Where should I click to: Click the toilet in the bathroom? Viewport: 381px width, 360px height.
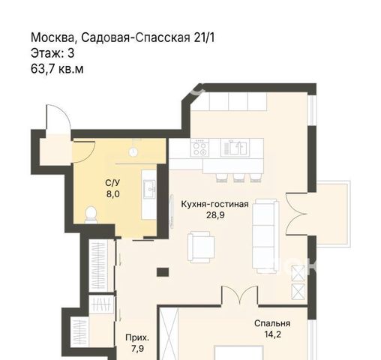(91, 214)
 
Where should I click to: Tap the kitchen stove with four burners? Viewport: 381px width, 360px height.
(199, 148)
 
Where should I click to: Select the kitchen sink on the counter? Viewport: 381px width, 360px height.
(235, 148)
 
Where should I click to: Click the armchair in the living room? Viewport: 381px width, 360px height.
(201, 247)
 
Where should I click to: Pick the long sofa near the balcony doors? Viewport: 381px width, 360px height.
(265, 236)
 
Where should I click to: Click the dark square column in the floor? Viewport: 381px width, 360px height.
(163, 272)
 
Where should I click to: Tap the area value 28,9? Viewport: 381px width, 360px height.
(215, 215)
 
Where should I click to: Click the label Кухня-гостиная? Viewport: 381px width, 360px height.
(214, 204)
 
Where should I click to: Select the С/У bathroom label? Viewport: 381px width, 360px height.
(112, 183)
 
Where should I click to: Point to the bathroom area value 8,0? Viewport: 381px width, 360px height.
(112, 194)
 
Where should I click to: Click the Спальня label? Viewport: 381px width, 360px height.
(272, 323)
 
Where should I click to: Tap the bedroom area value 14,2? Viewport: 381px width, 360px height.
(272, 334)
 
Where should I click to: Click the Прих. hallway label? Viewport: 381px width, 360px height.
(137, 337)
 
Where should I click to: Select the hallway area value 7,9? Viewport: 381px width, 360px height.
(137, 349)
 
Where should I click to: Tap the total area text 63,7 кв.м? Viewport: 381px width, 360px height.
(57, 69)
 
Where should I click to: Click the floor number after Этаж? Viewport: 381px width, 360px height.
(71, 53)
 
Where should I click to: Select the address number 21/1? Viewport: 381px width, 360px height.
(204, 37)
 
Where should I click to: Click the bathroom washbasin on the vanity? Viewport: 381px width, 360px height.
(149, 189)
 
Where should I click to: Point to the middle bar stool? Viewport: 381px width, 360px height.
(239, 177)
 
